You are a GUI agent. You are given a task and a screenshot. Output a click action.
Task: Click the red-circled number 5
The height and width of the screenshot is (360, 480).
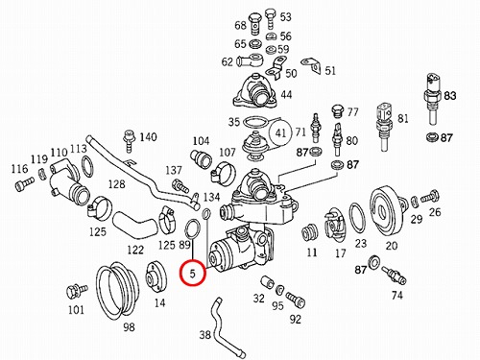(192, 274)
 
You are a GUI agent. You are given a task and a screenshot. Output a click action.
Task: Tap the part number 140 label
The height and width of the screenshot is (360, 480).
(148, 137)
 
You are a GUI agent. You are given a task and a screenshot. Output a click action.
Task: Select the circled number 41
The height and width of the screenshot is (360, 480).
(280, 132)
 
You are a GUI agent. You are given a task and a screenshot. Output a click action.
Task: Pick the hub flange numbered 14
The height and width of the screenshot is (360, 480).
(156, 277)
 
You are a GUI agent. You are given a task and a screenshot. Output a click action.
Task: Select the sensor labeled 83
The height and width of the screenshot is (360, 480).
(433, 99)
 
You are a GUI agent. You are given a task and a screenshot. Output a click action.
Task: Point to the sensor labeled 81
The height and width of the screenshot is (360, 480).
(385, 126)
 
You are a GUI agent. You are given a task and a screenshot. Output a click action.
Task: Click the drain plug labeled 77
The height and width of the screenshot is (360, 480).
(338, 110)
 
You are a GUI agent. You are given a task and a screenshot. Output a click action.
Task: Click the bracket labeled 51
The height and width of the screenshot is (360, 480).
(312, 66)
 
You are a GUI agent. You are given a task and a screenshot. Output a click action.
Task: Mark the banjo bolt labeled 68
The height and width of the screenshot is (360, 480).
(255, 23)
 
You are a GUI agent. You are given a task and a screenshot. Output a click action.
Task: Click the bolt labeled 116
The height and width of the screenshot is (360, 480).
(24, 184)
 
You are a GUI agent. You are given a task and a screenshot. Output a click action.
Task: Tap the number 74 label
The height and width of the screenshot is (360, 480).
(396, 295)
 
